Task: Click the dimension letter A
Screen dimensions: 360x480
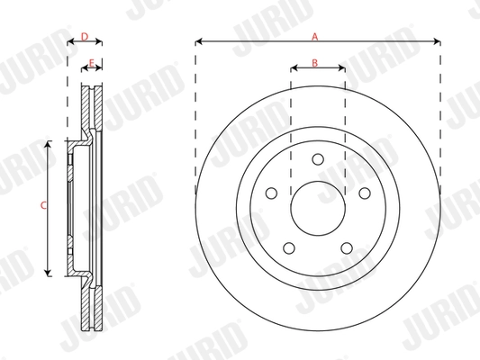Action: [315, 37]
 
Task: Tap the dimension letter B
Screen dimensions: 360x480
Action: [314, 62]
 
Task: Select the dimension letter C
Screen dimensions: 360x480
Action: [42, 206]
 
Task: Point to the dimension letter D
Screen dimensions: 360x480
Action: [84, 37]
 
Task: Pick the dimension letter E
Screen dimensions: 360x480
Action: [93, 62]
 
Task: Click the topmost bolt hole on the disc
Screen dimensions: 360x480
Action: [317, 159]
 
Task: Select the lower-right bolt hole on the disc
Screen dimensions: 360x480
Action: [346, 249]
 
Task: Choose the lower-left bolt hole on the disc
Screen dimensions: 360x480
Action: [288, 249]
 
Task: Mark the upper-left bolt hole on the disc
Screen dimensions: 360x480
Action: [270, 193]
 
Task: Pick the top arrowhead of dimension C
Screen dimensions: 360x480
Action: [49, 145]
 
